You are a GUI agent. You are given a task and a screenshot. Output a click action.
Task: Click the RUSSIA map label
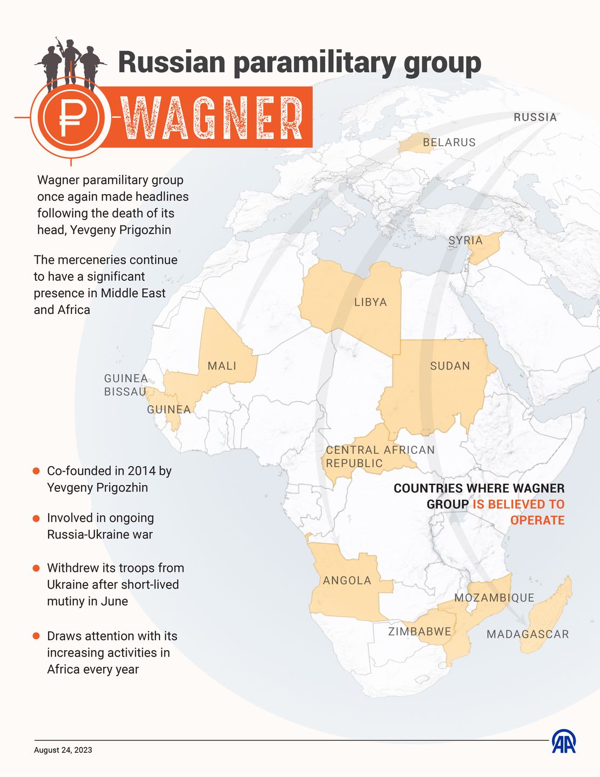pos(535,117)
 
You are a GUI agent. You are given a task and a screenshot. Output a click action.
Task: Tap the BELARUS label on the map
pos(449,142)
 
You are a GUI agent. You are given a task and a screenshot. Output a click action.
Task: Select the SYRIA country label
pos(465,241)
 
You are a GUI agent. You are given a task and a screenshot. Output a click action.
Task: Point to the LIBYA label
pos(370,302)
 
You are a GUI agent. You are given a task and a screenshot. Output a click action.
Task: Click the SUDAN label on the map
pos(450,366)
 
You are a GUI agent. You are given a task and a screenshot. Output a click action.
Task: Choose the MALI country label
pos(222,366)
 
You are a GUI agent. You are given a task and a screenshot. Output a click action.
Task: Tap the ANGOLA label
pos(347,581)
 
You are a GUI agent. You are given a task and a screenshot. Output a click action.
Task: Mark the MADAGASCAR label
pos(528,635)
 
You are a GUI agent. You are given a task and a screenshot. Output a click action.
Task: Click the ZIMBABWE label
pos(420,631)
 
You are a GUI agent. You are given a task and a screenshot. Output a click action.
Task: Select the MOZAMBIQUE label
pos(494,598)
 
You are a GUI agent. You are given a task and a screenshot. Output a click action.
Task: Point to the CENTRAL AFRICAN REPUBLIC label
pos(380,456)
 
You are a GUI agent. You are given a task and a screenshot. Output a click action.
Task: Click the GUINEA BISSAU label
pos(125,385)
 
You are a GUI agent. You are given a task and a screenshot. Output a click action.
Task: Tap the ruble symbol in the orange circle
pos(71,118)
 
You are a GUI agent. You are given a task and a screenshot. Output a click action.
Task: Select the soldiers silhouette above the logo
pos(70,64)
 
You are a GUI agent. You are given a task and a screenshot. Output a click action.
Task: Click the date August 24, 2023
pos(63,750)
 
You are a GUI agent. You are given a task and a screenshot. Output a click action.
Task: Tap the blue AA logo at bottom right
pos(563,742)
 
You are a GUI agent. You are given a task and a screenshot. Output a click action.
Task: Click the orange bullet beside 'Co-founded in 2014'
pos(36,471)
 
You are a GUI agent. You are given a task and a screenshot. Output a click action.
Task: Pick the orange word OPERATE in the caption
pos(537,520)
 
